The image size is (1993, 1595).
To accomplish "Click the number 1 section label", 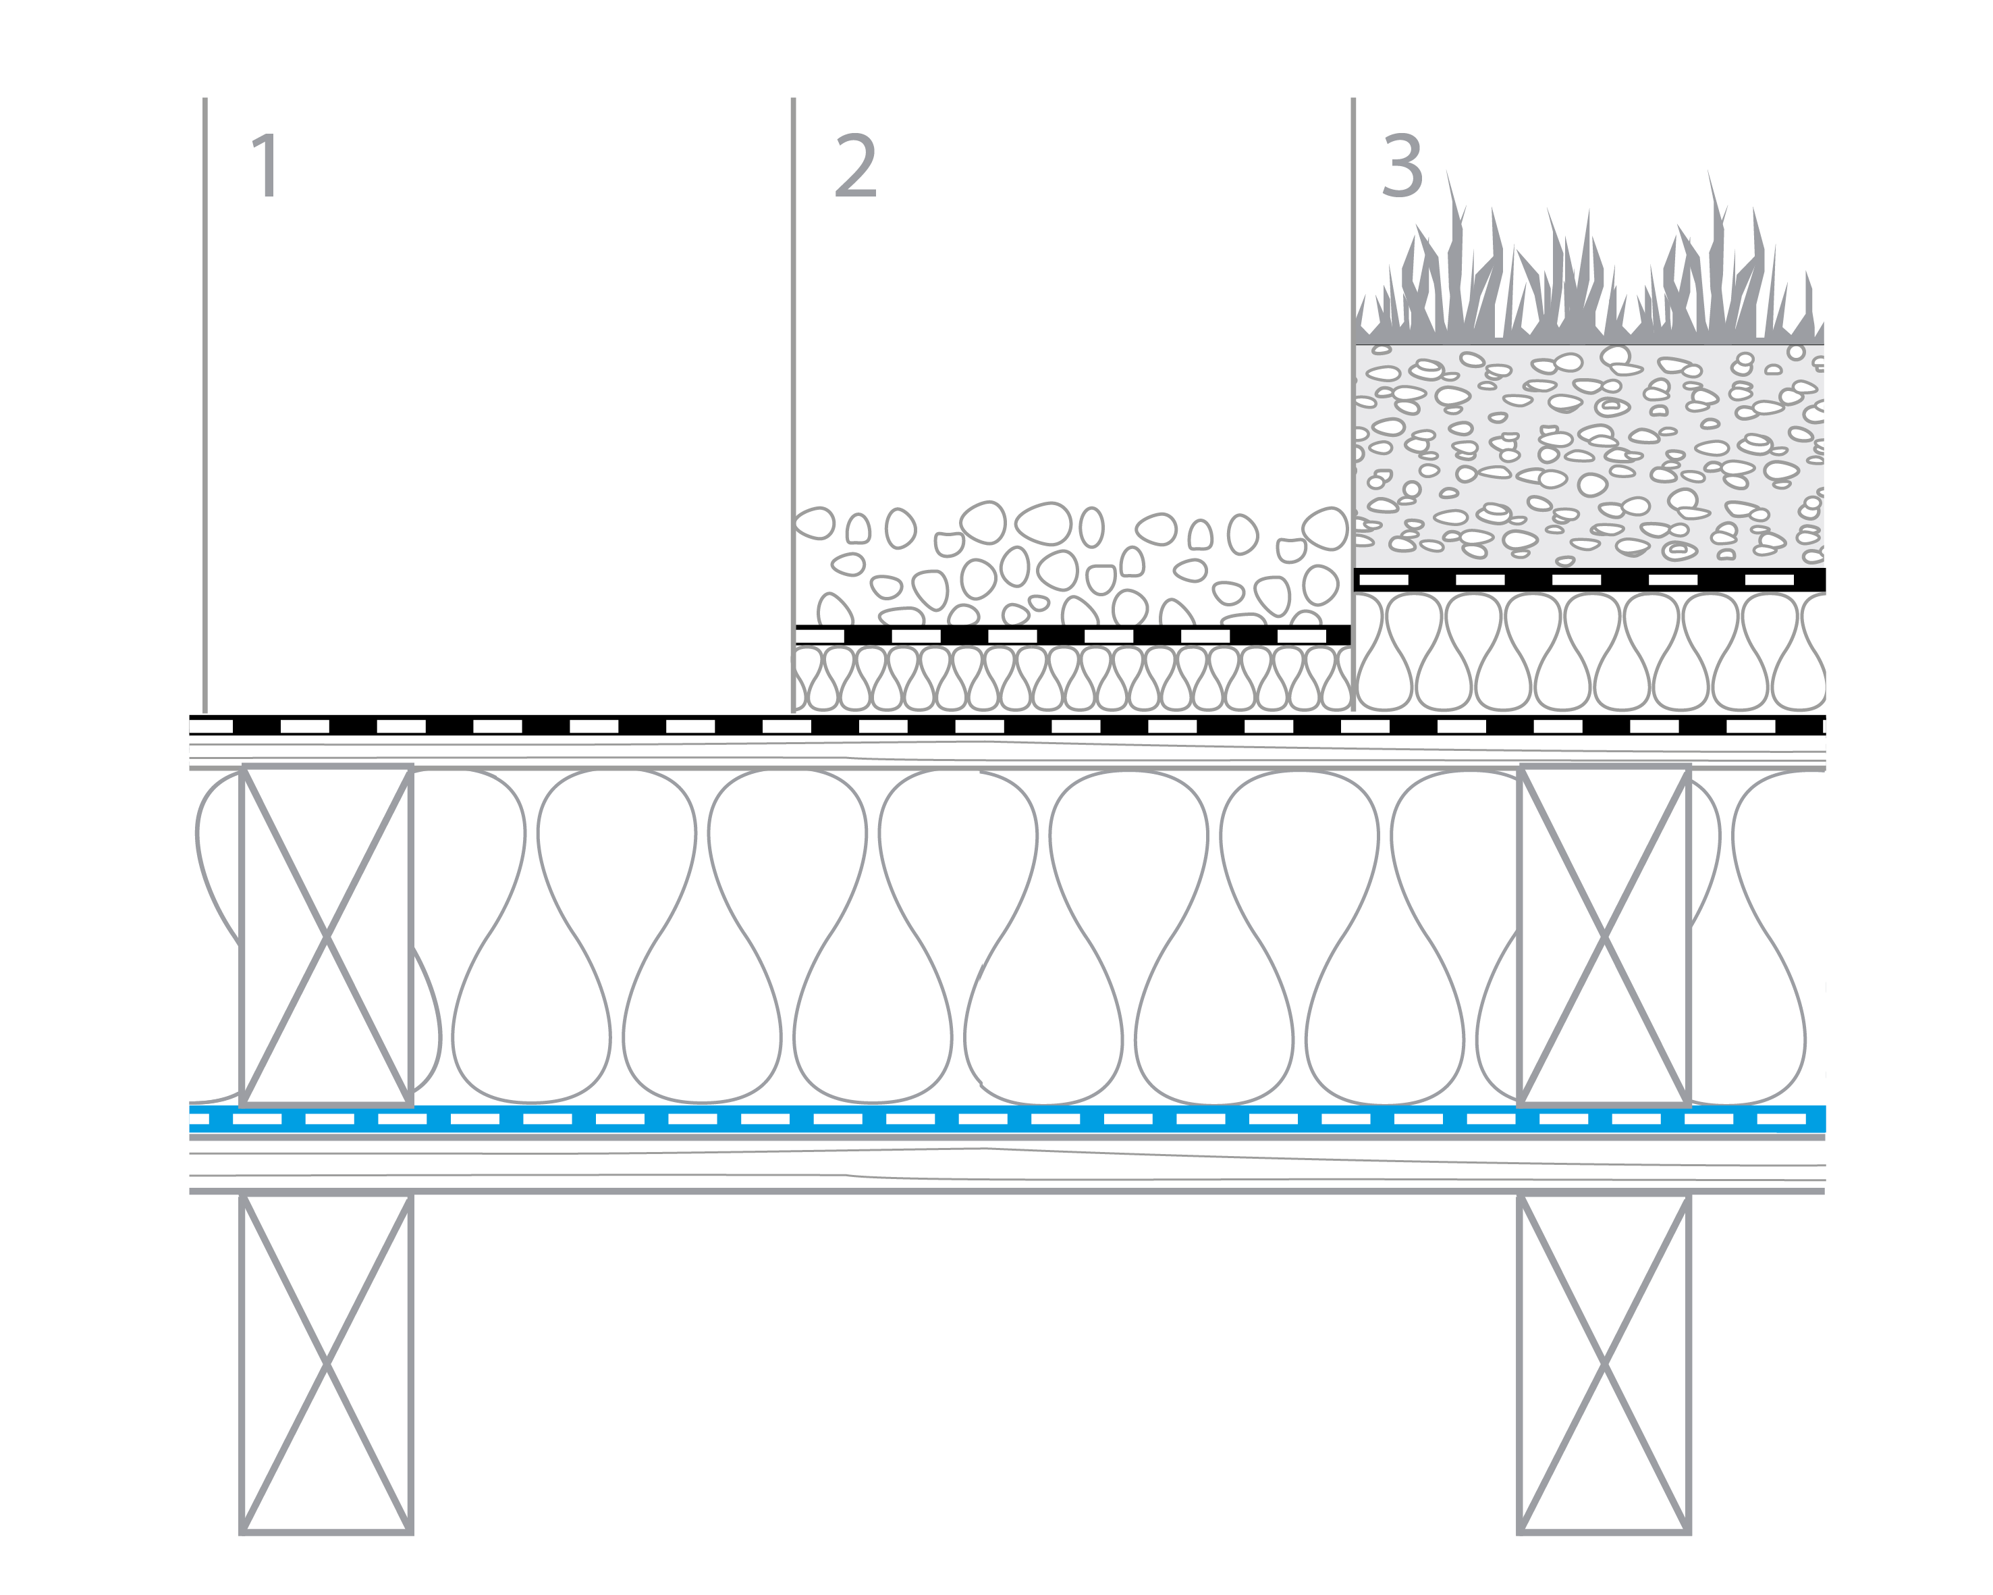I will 266,165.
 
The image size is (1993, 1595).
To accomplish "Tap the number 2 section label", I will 855,165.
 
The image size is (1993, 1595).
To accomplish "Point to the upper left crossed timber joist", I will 326,936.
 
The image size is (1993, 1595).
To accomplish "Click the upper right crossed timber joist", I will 1604,936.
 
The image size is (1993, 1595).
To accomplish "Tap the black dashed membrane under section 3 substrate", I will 1590,580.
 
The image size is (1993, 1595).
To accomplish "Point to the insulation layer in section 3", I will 1590,652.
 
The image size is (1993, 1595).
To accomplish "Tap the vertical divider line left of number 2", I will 793,370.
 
